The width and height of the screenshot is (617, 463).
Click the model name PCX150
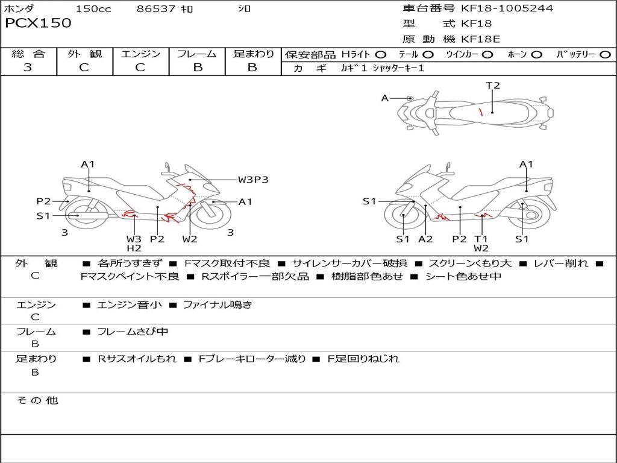38,24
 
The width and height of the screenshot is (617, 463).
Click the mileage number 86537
156,8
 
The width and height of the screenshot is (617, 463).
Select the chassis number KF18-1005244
507,8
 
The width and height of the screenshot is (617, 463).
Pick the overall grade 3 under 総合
28,68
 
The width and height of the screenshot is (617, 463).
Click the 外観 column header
84,54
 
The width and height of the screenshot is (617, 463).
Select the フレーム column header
197,54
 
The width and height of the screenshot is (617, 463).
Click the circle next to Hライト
381,54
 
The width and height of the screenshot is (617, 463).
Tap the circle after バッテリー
606,54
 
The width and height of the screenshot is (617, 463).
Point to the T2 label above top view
493,86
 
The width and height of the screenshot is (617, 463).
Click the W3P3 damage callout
252,179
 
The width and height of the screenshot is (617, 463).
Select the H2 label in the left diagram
134,248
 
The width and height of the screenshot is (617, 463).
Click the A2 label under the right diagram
425,239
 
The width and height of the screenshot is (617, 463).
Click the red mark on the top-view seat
480,112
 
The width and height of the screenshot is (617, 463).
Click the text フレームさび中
133,332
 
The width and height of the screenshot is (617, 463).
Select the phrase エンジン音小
130,305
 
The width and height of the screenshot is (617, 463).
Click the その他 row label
37,400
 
